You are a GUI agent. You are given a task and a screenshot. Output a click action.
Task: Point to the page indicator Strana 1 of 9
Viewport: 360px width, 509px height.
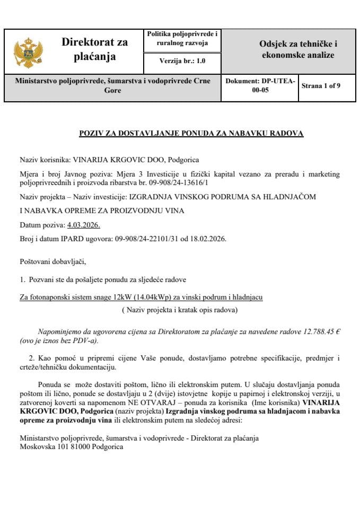[320, 85]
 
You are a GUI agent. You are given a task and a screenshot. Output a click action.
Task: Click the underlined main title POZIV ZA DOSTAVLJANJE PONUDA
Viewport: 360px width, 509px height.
[188, 133]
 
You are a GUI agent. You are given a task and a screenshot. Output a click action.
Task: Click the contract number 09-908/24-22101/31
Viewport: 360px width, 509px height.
[150, 239]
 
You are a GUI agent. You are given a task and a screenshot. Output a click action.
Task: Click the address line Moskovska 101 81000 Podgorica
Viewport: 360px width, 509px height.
[71, 446]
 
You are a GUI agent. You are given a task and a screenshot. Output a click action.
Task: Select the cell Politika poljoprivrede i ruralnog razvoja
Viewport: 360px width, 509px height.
[182, 38]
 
